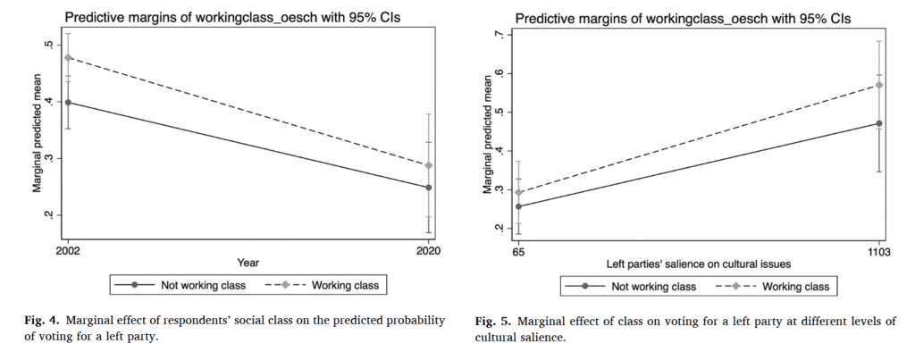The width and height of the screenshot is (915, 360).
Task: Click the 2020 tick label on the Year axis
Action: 429,251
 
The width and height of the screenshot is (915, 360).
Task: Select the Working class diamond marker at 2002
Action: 68,58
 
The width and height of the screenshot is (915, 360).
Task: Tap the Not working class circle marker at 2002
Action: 68,102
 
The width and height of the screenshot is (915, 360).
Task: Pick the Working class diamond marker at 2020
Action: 429,165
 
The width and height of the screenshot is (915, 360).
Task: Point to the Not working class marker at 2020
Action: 429,188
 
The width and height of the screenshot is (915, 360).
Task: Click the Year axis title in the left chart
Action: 248,264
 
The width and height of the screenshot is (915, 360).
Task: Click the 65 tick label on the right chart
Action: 519,253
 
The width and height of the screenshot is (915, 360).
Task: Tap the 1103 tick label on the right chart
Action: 880,253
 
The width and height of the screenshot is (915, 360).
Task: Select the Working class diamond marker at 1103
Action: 880,85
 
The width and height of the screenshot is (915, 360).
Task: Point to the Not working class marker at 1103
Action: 880,123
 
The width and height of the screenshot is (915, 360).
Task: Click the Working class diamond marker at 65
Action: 519,192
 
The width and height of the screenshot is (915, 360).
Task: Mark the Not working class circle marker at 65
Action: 519,206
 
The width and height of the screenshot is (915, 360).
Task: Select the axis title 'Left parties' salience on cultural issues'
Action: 699,265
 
